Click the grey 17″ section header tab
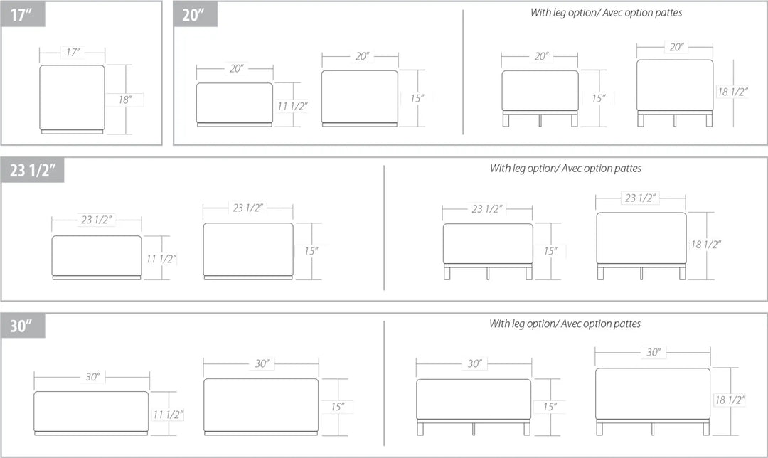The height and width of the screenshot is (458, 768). pyautogui.click(x=23, y=14)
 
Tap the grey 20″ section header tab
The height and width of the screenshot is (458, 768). pyautogui.click(x=196, y=14)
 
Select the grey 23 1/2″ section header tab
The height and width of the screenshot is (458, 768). pyautogui.click(x=32, y=170)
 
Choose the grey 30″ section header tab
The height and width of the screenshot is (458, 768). pyautogui.click(x=23, y=326)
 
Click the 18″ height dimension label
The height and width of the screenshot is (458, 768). pyautogui.click(x=125, y=100)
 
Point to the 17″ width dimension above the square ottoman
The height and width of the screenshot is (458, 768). pyautogui.click(x=73, y=52)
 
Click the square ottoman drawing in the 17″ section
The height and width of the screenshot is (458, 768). pyautogui.click(x=72, y=99)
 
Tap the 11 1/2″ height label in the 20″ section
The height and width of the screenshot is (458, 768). pyautogui.click(x=292, y=106)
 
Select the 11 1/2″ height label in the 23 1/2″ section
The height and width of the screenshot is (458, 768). pyautogui.click(x=161, y=259)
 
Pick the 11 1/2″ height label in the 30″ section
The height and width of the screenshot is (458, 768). pyautogui.click(x=168, y=415)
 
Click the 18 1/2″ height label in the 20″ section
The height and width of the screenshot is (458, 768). pyautogui.click(x=732, y=92)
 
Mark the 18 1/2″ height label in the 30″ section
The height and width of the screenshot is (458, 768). pyautogui.click(x=730, y=400)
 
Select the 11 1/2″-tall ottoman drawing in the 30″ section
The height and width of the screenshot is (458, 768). pyautogui.click(x=91, y=413)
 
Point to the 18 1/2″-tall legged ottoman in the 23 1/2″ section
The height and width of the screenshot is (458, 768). pyautogui.click(x=641, y=246)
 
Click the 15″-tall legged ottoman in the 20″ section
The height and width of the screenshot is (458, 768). pyautogui.click(x=540, y=98)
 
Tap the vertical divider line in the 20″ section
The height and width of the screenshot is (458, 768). pyautogui.click(x=463, y=72)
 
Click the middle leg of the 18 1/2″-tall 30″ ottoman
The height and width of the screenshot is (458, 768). pyautogui.click(x=653, y=429)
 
